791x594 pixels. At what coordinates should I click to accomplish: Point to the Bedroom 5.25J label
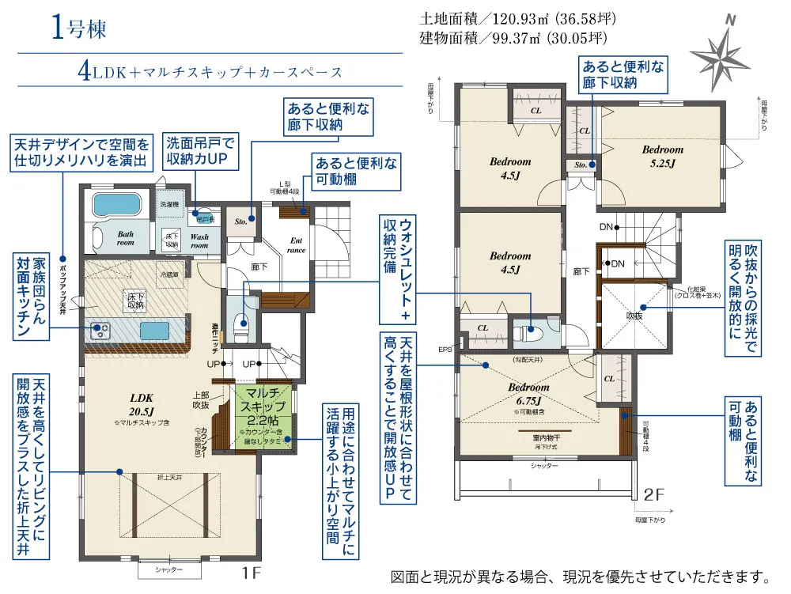click(662, 156)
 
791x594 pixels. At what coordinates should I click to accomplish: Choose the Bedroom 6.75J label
click(528, 393)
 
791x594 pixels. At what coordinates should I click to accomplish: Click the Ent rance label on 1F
click(297, 245)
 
